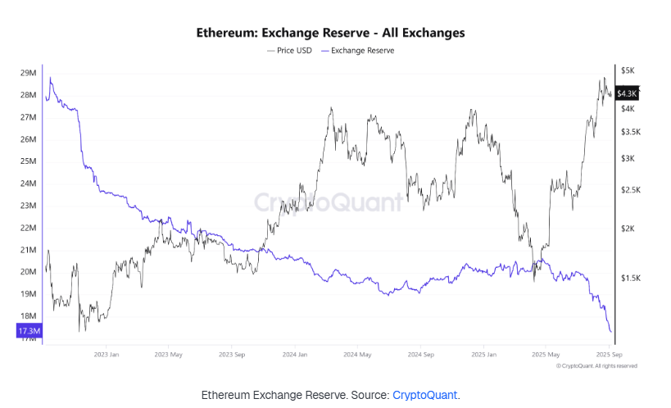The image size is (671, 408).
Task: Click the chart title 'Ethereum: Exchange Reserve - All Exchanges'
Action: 331,34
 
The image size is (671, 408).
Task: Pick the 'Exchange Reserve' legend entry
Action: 361,51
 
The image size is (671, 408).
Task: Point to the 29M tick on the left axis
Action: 27,73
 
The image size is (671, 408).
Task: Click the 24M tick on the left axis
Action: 27,184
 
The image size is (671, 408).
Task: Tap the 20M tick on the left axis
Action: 27,272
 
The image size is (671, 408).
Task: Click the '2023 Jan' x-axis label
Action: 107,355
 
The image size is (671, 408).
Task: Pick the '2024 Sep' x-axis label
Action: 420,355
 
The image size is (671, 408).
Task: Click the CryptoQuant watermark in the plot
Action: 328,202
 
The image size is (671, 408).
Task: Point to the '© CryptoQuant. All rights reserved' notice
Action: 596,366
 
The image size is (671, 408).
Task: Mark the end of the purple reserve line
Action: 610,332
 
